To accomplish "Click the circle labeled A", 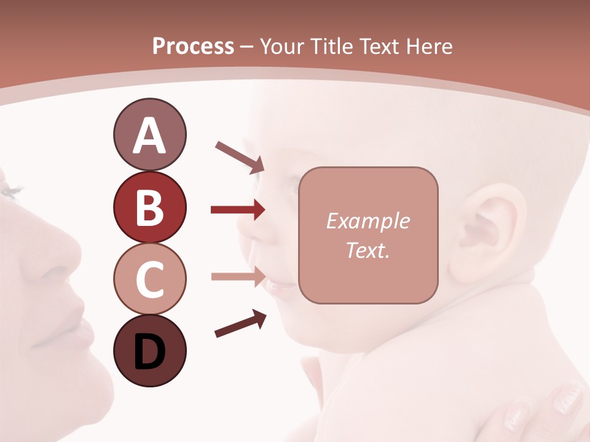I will pos(149,135).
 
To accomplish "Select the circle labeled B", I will pos(149,207).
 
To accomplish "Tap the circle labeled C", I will pos(149,279).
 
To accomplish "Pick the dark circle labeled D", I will pos(149,351).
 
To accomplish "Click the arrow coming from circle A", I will pos(240,156).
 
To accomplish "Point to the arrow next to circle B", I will pos(238,210).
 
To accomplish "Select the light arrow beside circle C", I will pos(238,276).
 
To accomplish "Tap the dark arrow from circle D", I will pos(240,324).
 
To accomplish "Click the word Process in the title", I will pos(193,46).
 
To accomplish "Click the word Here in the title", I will pos(430,46).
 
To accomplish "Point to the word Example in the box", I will pos(368,221).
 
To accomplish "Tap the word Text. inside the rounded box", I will pos(368,250).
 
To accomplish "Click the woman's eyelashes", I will pos(11,190).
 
